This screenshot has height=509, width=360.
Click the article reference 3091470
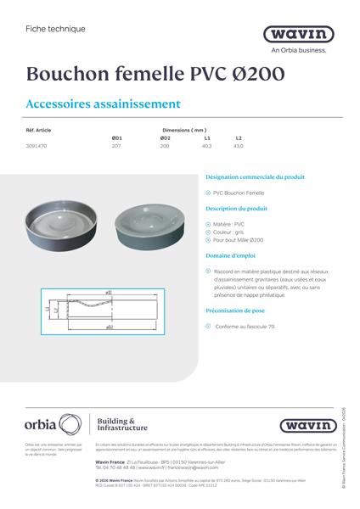click(39, 146)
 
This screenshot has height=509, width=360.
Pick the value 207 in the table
click(117, 146)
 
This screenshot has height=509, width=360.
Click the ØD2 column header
click(165, 137)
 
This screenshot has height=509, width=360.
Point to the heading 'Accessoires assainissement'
click(104, 105)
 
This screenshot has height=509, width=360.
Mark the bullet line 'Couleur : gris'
click(234, 232)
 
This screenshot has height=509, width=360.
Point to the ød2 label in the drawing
click(110, 326)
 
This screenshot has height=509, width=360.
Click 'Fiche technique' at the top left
click(56, 29)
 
